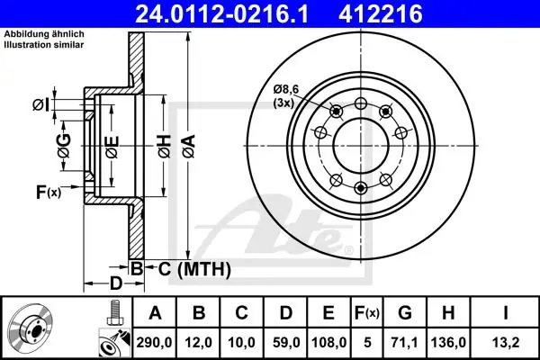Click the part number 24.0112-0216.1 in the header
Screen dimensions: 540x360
pyautogui.click(x=221, y=14)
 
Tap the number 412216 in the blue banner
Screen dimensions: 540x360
pyautogui.click(x=381, y=14)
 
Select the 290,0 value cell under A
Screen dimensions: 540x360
pyautogui.click(x=154, y=342)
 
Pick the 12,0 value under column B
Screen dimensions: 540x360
pyautogui.click(x=199, y=342)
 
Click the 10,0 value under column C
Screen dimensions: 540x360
pyautogui.click(x=241, y=342)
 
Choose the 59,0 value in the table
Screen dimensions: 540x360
pyautogui.click(x=286, y=342)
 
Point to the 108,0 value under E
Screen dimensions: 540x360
pyautogui.click(x=328, y=342)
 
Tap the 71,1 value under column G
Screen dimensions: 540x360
pyautogui.click(x=405, y=342)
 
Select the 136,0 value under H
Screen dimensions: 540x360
pyautogui.click(x=448, y=342)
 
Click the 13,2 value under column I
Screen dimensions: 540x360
pyautogui.click(x=505, y=342)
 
